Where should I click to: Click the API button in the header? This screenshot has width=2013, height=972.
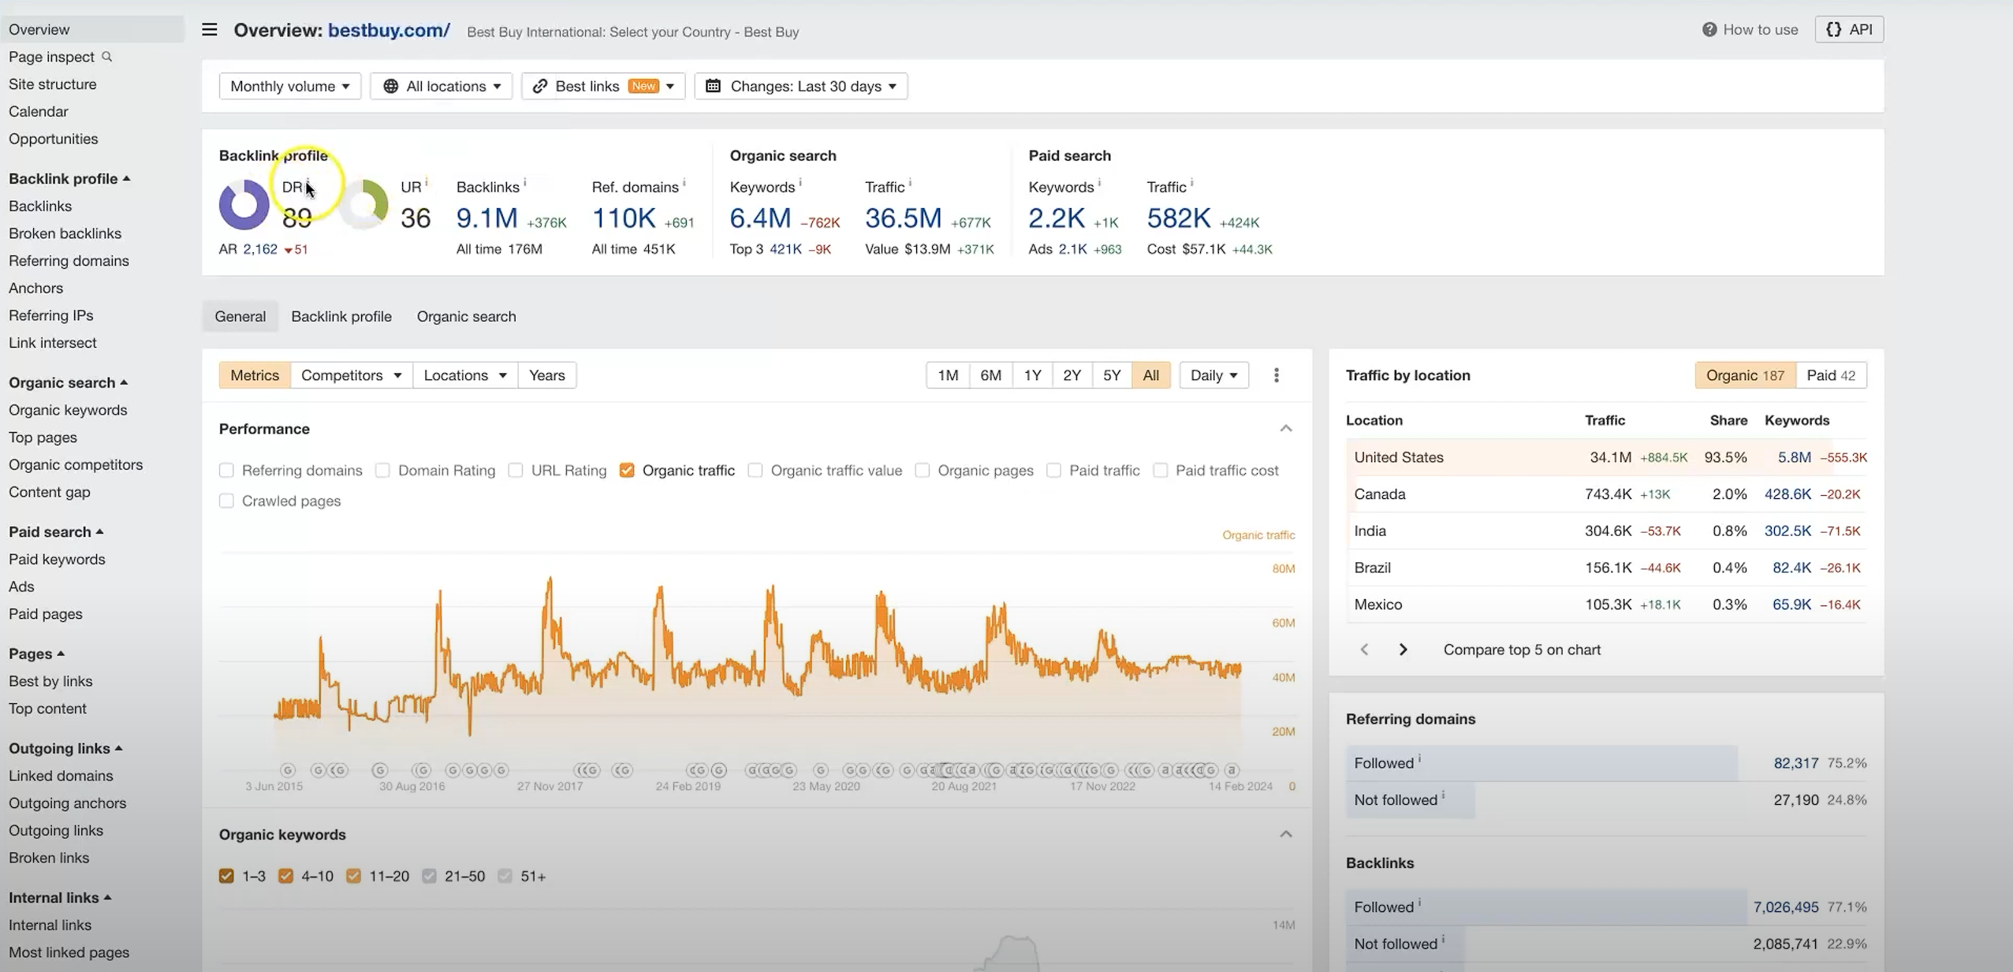pos(1849,29)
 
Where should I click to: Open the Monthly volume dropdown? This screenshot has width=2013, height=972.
pos(289,86)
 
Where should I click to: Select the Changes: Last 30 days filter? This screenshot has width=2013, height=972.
pos(801,86)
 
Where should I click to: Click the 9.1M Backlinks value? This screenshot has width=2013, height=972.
pos(486,218)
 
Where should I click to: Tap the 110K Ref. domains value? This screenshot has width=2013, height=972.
pos(623,218)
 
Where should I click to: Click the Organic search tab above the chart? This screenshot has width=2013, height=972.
pos(466,316)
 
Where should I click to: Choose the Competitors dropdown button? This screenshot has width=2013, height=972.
pos(351,375)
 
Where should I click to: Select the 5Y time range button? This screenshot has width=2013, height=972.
pos(1111,375)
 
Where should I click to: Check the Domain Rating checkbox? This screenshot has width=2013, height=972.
pos(383,471)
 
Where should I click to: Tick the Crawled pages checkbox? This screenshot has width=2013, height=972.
pos(227,501)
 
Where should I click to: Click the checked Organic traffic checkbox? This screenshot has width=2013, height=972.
pos(627,471)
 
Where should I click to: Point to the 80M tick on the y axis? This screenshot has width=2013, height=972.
pos(1283,569)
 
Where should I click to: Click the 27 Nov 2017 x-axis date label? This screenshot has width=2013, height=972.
pos(550,786)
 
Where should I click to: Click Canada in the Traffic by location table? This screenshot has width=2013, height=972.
pos(1380,494)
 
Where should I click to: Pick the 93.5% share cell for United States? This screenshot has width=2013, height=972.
pos(1725,457)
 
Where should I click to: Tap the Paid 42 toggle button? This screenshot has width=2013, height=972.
pos(1831,375)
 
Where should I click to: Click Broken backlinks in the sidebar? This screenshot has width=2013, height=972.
pos(65,233)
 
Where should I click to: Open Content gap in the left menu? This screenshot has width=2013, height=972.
pos(49,492)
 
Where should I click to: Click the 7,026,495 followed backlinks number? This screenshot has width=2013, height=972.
pos(1785,907)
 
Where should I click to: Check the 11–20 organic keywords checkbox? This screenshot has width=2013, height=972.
pos(354,876)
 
